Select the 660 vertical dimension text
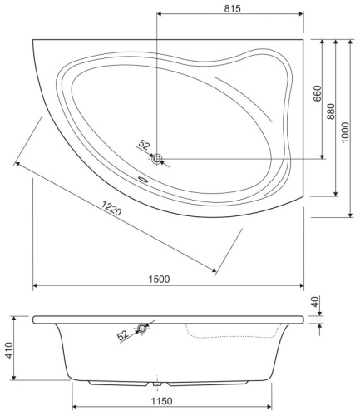(x=317, y=94)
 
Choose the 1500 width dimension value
(x=168, y=279)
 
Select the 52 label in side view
(x=123, y=335)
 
